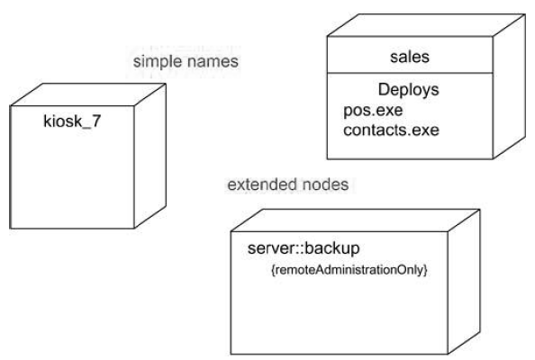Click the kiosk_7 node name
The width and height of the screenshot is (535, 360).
pyautogui.click(x=72, y=121)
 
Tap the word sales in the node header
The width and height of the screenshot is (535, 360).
pyautogui.click(x=410, y=57)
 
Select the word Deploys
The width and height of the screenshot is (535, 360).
pyautogui.click(x=408, y=90)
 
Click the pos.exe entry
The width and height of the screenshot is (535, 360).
pyautogui.click(x=373, y=111)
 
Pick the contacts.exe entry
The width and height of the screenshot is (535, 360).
pyautogui.click(x=391, y=130)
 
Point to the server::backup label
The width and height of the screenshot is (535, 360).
pyautogui.click(x=304, y=248)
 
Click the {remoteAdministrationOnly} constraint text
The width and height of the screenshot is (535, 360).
pyautogui.click(x=349, y=270)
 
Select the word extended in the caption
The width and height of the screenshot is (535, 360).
pyautogui.click(x=262, y=184)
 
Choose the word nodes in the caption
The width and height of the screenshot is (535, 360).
pyautogui.click(x=325, y=184)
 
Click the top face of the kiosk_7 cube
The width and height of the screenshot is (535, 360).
pyautogui.click(x=88, y=94)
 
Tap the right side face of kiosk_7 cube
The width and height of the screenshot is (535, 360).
pyautogui.click(x=150, y=156)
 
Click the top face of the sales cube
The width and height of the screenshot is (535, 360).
pyautogui.click(x=426, y=25)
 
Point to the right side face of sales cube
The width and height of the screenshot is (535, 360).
pyautogui.click(x=509, y=86)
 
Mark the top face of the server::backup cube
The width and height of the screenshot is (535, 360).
pyautogui.click(x=356, y=220)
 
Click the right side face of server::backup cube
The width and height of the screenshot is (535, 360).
pyautogui.click(x=464, y=282)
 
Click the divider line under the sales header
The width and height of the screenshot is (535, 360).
pyautogui.click(x=410, y=73)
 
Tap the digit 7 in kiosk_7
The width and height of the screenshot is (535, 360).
pyautogui.click(x=96, y=121)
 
